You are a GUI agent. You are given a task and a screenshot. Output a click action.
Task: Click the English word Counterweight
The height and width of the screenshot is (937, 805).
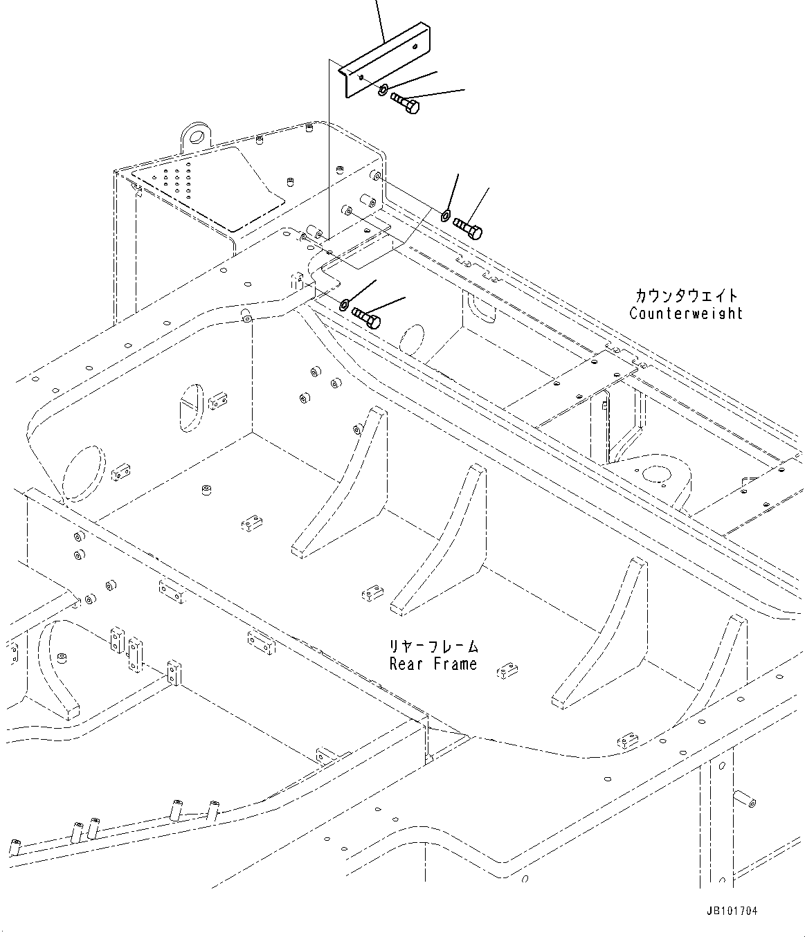click(x=685, y=313)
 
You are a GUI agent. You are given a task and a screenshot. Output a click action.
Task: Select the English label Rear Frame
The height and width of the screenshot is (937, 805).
click(x=433, y=664)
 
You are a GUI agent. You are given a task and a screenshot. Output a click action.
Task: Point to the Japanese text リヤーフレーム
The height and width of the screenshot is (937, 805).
click(x=433, y=647)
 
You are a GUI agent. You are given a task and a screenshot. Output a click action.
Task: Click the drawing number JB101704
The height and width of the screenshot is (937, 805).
click(x=732, y=911)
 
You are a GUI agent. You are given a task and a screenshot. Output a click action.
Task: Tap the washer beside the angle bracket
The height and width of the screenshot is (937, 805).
click(x=383, y=89)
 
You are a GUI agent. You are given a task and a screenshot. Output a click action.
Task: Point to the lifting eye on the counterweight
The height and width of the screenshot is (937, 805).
click(x=197, y=135)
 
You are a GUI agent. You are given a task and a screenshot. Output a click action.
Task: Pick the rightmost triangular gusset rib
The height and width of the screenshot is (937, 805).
click(x=720, y=664)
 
